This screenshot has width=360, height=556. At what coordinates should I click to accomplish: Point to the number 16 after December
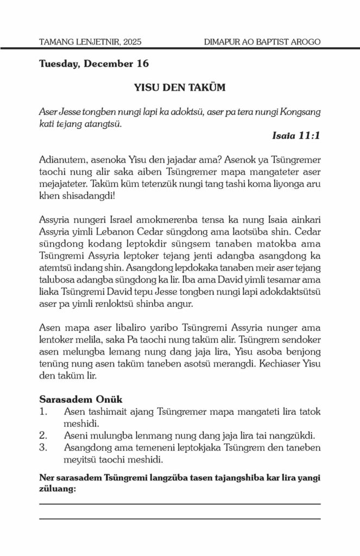click(143, 64)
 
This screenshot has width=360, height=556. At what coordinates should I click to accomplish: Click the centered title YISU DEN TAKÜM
click(180, 87)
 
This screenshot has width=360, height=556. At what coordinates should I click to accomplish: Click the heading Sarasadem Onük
click(81, 399)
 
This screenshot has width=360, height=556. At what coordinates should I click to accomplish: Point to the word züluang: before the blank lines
click(57, 489)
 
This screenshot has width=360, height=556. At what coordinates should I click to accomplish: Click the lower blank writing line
click(180, 519)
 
